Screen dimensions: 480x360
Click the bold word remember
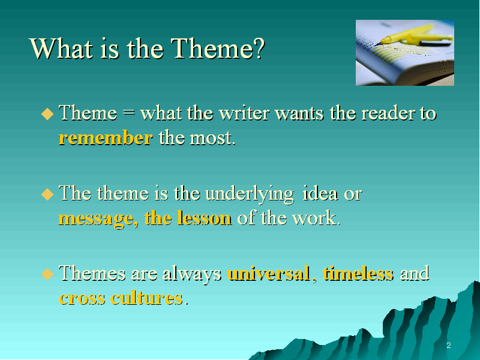coord(106,138)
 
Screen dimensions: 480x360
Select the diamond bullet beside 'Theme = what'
coord(47,113)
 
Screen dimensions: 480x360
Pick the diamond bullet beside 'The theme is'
coord(47,194)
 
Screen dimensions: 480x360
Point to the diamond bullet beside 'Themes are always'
coord(47,274)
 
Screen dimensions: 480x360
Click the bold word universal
coord(268,273)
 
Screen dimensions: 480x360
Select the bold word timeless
coord(358,273)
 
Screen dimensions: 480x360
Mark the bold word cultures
coord(147,298)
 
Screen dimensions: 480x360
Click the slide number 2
coord(449,346)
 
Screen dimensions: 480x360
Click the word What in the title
coord(61,49)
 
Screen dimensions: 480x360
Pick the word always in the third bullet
coord(191,274)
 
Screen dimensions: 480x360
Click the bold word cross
coord(82,298)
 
